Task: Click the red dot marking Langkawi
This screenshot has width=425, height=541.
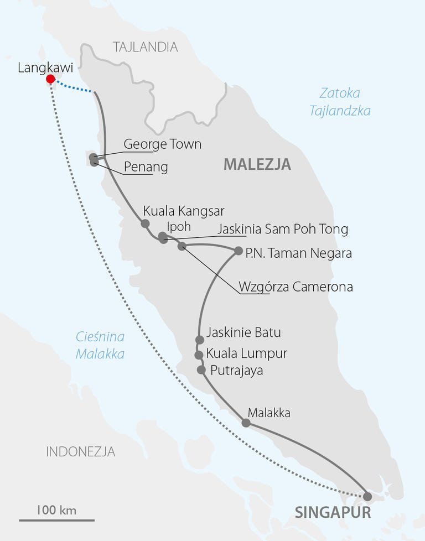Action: coord(50,79)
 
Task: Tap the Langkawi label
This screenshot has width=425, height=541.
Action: coord(42,68)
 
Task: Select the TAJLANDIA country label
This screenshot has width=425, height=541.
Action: coord(146,47)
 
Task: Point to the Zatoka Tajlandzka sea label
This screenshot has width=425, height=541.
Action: coord(340,102)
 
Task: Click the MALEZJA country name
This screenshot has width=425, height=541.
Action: coord(257,164)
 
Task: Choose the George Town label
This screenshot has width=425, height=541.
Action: coord(162,144)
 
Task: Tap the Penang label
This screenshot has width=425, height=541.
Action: coord(145,167)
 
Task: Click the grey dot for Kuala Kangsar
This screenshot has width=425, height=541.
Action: coord(145,223)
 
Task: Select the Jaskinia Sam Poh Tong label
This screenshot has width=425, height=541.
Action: coord(283,229)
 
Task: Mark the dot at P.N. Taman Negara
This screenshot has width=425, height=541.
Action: coord(239,251)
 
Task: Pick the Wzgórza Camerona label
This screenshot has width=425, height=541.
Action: coord(296,287)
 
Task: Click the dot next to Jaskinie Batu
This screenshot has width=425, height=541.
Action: coord(200,340)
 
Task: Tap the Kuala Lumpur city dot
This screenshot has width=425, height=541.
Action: coord(199,355)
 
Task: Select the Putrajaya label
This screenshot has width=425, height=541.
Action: coord(236,370)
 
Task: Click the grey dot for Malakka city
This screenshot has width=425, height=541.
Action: coord(246,423)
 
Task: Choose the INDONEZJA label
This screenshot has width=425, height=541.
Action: coord(81,451)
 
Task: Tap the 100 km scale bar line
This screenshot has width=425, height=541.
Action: coord(56,520)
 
